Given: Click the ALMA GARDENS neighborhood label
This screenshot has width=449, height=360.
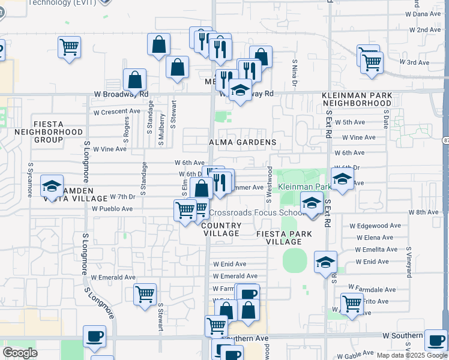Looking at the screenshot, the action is click(243, 143).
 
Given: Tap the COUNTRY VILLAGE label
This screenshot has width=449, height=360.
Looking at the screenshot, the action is click(222, 229).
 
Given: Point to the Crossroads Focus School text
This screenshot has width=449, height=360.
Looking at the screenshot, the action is click(257, 212).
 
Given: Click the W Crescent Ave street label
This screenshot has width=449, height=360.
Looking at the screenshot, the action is click(116, 112).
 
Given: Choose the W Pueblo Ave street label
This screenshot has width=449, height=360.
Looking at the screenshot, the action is click(112, 209).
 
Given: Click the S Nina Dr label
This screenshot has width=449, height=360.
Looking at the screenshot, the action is click(295, 71).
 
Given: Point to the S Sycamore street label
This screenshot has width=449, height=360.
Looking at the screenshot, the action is click(29, 178).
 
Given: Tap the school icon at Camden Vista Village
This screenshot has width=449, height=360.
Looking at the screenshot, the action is click(52, 186).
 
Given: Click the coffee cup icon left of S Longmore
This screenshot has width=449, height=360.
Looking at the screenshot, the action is click(94, 336).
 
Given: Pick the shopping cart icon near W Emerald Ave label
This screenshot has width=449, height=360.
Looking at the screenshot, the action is click(145, 294).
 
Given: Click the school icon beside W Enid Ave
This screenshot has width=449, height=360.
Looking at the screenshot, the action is click(325, 262).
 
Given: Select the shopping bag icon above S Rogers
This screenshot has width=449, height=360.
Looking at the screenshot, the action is click(135, 80).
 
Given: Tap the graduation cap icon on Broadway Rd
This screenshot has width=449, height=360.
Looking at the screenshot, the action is click(240, 91).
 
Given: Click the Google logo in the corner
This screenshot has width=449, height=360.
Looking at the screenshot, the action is click(20, 353).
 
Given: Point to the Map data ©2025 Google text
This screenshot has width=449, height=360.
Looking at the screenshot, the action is click(411, 355).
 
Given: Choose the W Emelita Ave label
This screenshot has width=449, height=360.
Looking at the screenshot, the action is click(376, 250).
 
